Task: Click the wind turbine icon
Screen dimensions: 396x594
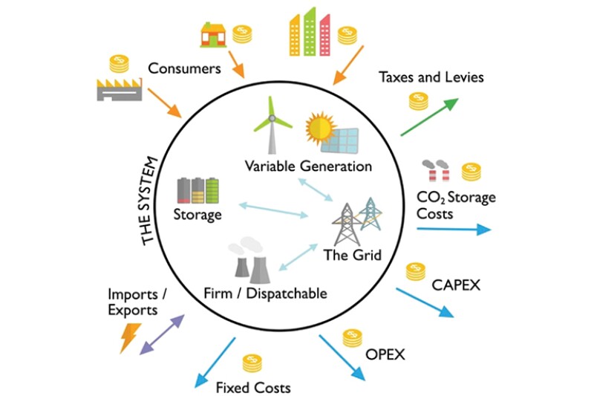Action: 271,126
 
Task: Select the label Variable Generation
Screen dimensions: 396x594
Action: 308,166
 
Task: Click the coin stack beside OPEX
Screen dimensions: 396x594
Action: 353,339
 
